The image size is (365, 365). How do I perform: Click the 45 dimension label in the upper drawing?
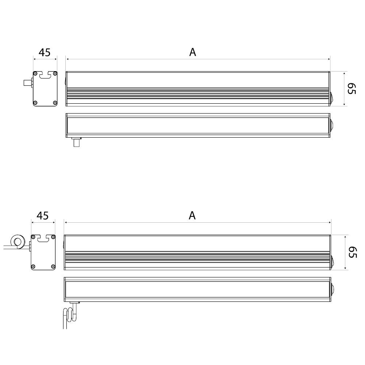coord(45,53)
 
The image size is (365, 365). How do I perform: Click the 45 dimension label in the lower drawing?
coord(43,216)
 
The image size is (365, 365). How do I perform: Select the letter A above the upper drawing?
coord(193,53)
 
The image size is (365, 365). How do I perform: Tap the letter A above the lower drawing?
coord(192,216)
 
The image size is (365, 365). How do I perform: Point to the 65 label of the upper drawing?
coord(351,89)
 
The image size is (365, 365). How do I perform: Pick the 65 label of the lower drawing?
coord(351,252)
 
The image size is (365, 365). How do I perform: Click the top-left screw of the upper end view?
coord(35,73)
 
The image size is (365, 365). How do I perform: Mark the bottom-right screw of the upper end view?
coord(55,103)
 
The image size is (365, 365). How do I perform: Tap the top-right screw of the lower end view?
coord(53,237)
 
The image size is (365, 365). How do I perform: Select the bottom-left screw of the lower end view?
coord(34,266)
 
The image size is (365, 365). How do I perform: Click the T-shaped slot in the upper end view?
coord(45,75)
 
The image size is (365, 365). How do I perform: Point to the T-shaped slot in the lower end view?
coord(43,238)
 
